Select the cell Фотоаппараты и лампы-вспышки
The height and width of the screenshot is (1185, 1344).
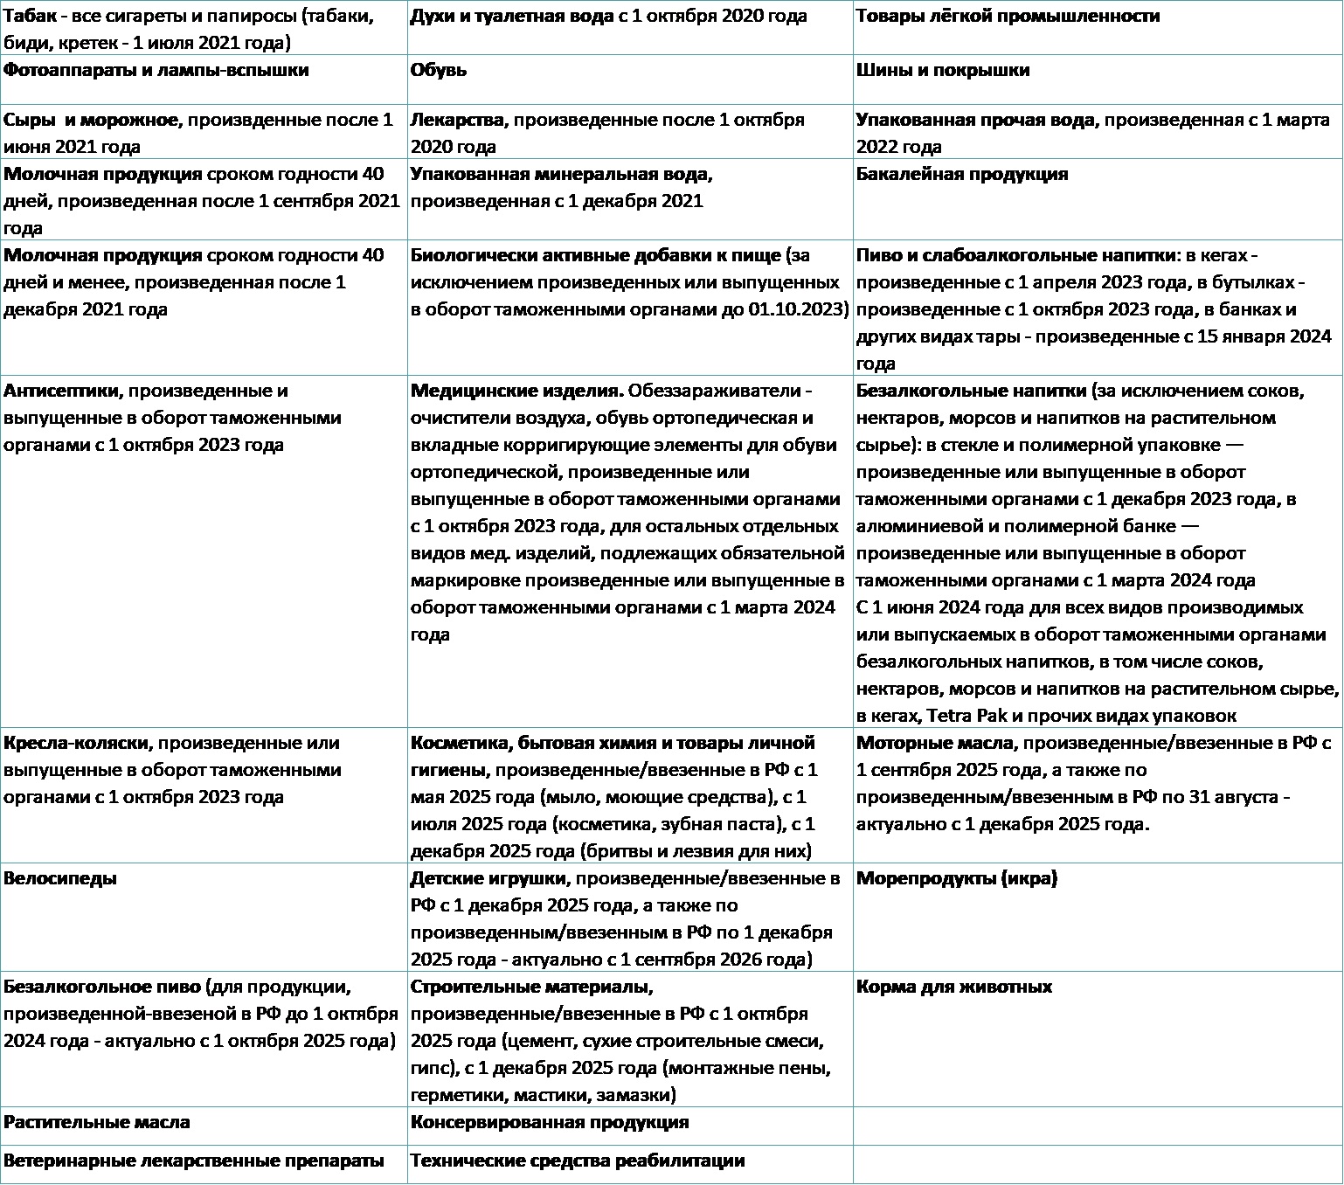(x=156, y=71)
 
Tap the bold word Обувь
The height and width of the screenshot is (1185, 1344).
(x=439, y=71)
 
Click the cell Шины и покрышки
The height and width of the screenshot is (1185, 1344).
(x=943, y=71)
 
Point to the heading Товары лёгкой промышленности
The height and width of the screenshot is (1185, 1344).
(x=1008, y=17)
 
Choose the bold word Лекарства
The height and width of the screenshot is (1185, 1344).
(x=457, y=120)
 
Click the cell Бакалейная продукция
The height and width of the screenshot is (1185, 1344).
(x=962, y=174)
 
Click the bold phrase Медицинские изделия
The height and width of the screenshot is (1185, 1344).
(x=516, y=391)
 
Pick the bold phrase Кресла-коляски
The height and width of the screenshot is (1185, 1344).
(x=78, y=743)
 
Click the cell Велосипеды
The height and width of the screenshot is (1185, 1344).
(x=60, y=878)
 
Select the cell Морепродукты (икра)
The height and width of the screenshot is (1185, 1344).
(x=956, y=878)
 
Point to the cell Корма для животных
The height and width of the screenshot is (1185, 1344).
(x=953, y=987)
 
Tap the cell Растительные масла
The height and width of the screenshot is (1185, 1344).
(x=97, y=1122)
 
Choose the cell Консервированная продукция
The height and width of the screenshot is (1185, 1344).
(x=550, y=1122)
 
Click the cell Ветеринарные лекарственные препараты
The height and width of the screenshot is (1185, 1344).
(x=193, y=1161)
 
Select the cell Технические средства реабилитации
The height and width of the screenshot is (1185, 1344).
(x=578, y=1161)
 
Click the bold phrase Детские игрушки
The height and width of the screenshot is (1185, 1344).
(x=489, y=878)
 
